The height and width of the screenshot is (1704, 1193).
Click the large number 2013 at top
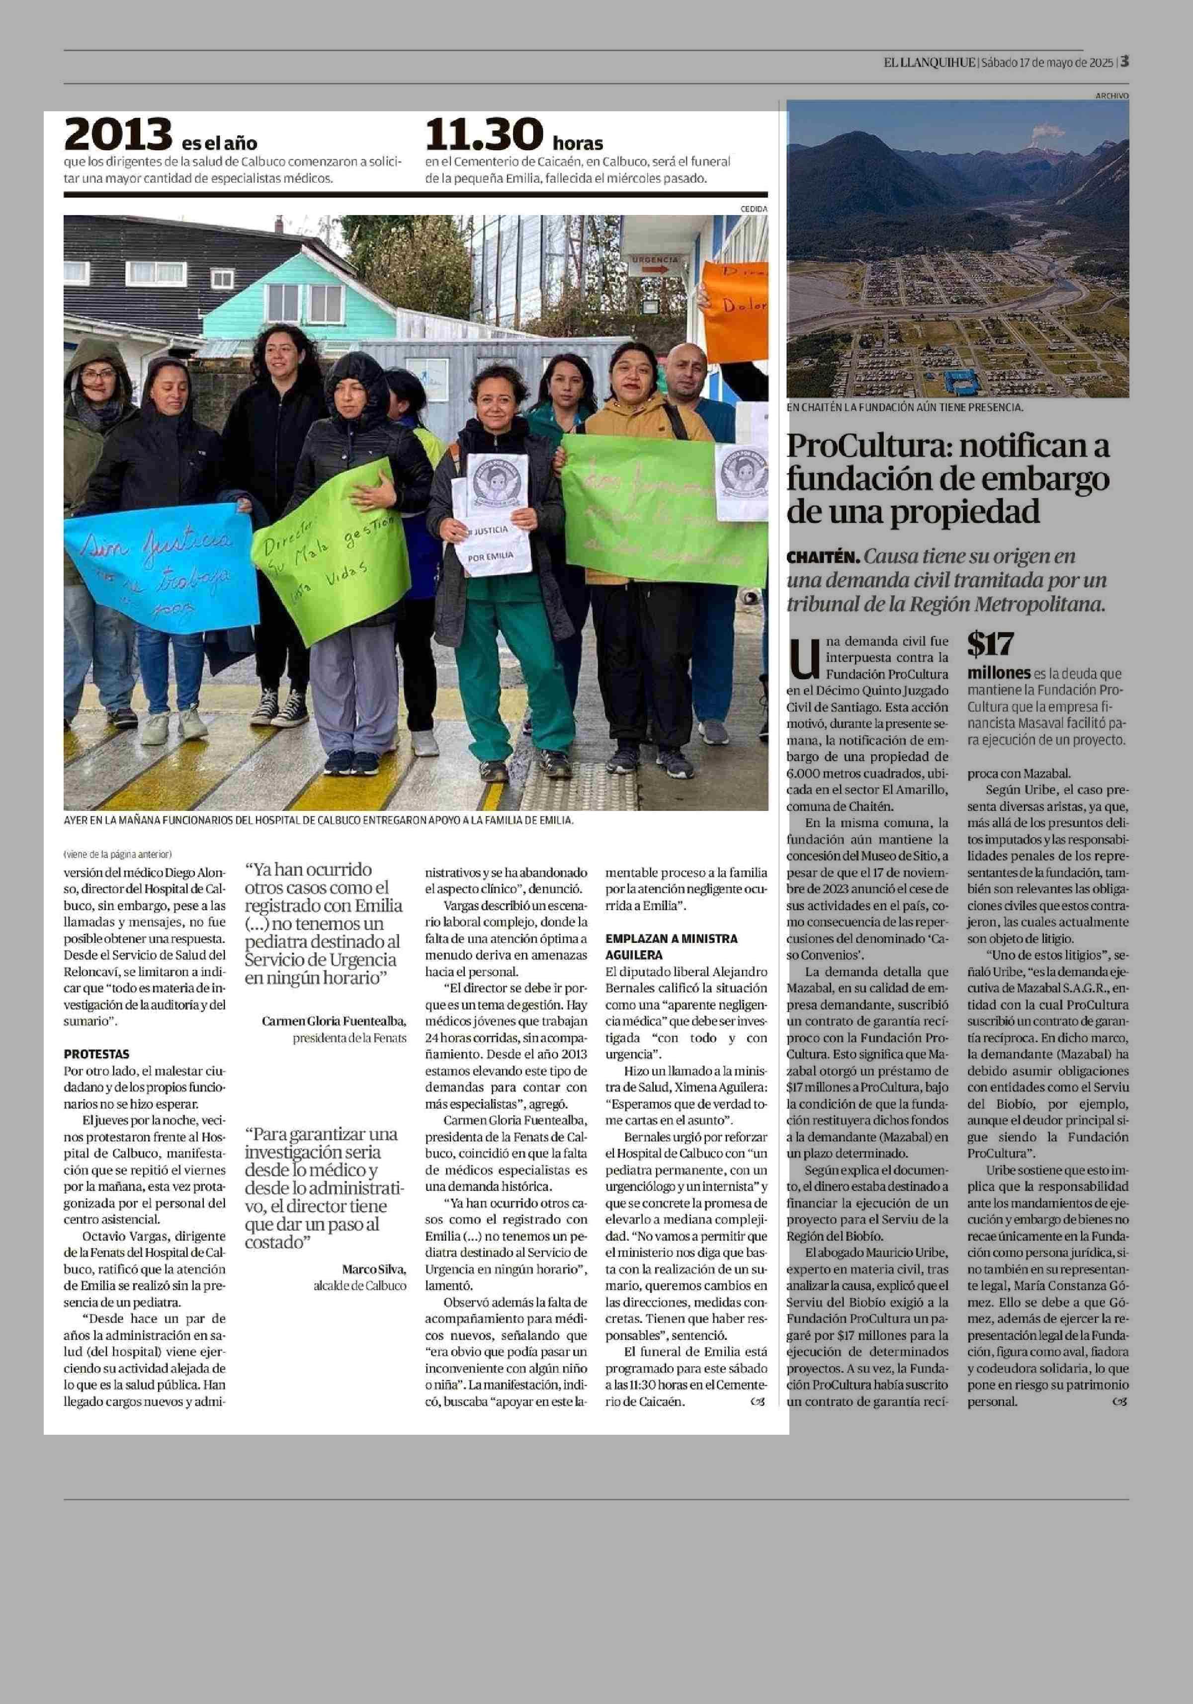117,135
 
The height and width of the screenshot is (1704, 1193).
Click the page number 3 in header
1125,62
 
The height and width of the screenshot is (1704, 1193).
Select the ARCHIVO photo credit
1111,96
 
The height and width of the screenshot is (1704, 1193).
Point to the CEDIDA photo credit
754,209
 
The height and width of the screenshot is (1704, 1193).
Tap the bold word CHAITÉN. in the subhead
824,556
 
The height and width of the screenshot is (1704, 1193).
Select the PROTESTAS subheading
96,1054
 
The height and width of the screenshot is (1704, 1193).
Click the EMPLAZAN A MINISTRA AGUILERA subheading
671,946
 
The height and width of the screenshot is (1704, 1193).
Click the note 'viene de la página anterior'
117,853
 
